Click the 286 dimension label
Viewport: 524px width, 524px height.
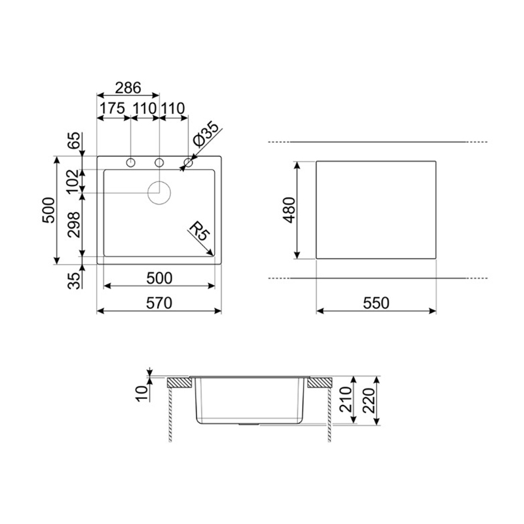tap(128, 88)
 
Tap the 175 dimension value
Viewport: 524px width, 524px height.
tap(112, 109)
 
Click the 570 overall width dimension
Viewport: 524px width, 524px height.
tap(159, 303)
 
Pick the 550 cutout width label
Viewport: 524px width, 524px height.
tap(376, 303)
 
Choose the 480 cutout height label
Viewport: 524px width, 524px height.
tap(290, 210)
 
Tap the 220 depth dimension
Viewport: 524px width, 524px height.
tap(369, 400)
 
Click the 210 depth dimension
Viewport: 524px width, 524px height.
tap(346, 399)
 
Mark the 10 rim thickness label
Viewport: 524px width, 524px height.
tap(141, 394)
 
